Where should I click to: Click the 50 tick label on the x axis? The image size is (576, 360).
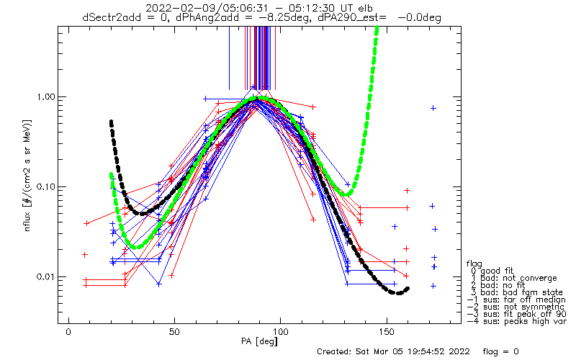(x=174, y=332)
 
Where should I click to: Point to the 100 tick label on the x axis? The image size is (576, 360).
(x=281, y=332)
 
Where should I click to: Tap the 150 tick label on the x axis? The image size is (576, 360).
(x=387, y=332)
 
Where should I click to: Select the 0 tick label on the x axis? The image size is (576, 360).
(x=68, y=332)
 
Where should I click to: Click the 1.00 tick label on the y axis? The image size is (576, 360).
(x=45, y=97)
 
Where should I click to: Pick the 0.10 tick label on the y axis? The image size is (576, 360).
(x=45, y=187)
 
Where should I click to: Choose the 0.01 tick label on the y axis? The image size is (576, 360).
(x=45, y=276)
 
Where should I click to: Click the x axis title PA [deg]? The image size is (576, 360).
(x=259, y=341)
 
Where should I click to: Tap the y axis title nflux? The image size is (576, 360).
(x=27, y=221)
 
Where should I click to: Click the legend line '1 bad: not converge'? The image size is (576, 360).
(x=513, y=278)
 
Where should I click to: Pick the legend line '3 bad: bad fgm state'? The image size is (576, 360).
(x=516, y=292)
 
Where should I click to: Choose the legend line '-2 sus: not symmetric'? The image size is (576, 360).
(x=516, y=307)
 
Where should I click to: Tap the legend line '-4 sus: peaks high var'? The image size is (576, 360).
(x=517, y=321)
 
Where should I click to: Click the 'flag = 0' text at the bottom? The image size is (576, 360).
(x=500, y=351)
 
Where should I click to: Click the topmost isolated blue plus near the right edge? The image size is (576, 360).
(x=433, y=108)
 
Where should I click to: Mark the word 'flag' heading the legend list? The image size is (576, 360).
(x=474, y=264)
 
